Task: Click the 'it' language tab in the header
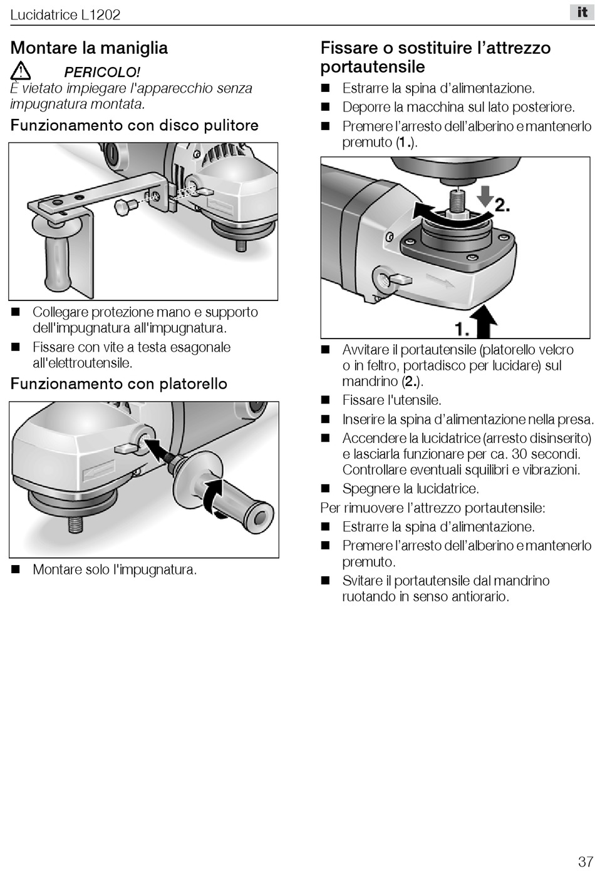[x=582, y=13]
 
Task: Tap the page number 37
[x=585, y=861]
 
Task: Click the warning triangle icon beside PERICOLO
[x=21, y=71]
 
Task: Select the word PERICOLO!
[x=102, y=73]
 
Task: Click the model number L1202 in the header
[x=101, y=15]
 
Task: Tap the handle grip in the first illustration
[x=58, y=263]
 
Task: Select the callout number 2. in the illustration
[x=502, y=205]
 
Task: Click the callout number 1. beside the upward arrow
[x=463, y=330]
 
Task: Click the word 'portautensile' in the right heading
[x=373, y=67]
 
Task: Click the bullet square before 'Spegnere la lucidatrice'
[x=325, y=489]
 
